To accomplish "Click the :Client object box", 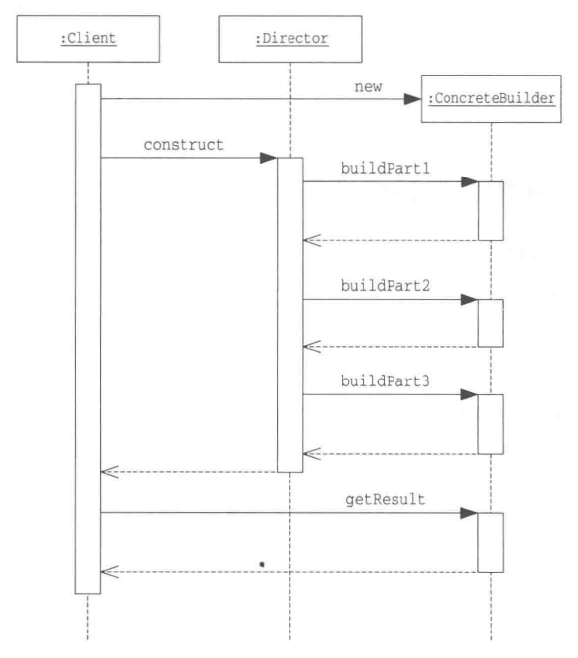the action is (87, 38).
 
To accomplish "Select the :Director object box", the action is (290, 38).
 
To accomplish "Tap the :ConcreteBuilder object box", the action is (492, 99).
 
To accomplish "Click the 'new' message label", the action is (368, 87).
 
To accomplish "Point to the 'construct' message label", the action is (184, 145).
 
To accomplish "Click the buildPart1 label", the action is (386, 169).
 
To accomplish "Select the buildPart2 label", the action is (386, 286).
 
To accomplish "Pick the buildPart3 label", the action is (386, 381).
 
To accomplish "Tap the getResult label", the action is (386, 499).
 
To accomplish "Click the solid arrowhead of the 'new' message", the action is (412, 99).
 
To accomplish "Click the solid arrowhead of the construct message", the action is (269, 158).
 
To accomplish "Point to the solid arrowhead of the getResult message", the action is (469, 513).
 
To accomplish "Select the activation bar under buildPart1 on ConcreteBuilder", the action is (491, 211).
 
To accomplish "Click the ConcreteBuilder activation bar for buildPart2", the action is (491, 324).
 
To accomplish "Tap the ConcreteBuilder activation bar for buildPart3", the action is (491, 425).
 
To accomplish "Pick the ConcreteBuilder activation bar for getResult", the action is (491, 542).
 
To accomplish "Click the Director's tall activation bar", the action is (290, 315).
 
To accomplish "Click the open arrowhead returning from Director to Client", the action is (110, 472).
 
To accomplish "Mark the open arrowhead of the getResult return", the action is (110, 572).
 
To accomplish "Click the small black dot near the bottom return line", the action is (262, 565).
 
